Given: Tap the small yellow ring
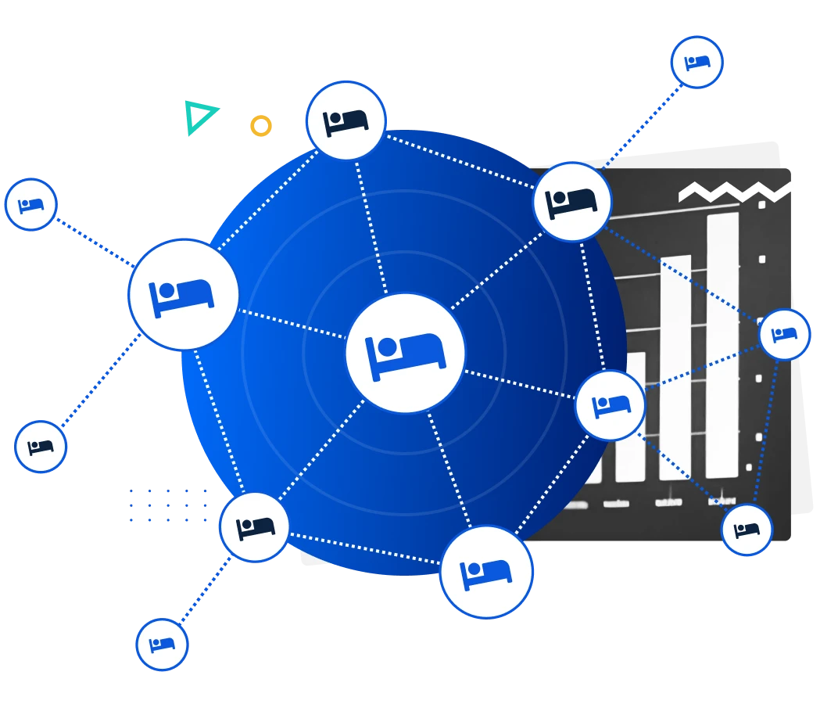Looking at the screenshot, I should pyautogui.click(x=261, y=125).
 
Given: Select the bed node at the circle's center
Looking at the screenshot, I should pyautogui.click(x=405, y=353).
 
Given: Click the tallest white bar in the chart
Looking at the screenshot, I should pyautogui.click(x=722, y=344).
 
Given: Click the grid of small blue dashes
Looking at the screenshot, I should pyautogui.click(x=168, y=505).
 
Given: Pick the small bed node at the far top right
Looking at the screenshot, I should pyautogui.click(x=697, y=62).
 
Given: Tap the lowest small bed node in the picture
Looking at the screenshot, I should pyautogui.click(x=162, y=645).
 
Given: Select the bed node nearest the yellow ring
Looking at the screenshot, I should pyautogui.click(x=346, y=120).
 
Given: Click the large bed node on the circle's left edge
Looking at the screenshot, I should pyautogui.click(x=184, y=294).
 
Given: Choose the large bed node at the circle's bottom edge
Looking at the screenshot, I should pyautogui.click(x=485, y=572).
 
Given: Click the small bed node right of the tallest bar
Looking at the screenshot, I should pyautogui.click(x=784, y=334).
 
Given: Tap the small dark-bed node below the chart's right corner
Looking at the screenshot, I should pyautogui.click(x=747, y=530).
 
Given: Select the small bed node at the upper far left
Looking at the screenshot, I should pyautogui.click(x=31, y=205).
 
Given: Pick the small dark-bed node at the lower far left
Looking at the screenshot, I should pyautogui.click(x=41, y=447).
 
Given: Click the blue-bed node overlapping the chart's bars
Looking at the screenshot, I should pyautogui.click(x=610, y=405).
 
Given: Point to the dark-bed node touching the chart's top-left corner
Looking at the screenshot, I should pyautogui.click(x=571, y=202).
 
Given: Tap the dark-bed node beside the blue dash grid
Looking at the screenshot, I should pyautogui.click(x=255, y=526).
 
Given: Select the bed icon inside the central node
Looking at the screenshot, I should pyautogui.click(x=405, y=354).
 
